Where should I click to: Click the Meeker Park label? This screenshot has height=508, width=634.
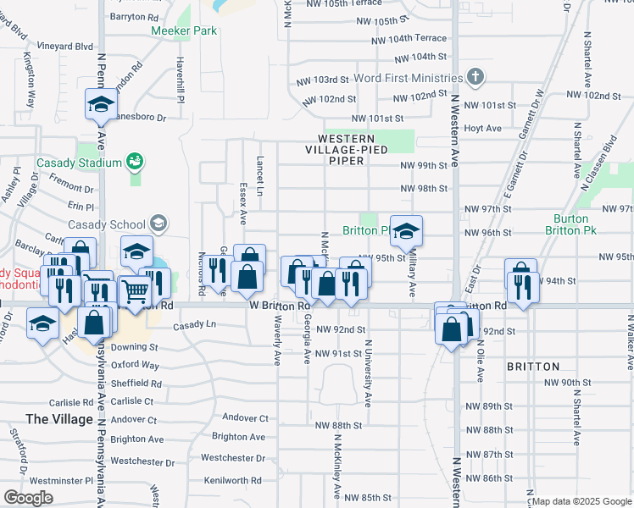coord(184,31)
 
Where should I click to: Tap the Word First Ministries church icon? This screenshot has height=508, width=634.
coord(475,78)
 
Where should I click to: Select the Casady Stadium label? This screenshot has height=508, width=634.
coord(78,163)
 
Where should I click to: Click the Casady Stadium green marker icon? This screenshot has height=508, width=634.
coord(133,161)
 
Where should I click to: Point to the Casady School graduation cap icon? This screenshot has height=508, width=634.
coord(158,224)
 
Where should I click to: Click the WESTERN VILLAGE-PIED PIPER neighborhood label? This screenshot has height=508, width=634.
coord(347,144)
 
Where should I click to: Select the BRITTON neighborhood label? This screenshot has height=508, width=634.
coord(533,367)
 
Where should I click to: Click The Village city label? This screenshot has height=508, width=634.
coord(59,419)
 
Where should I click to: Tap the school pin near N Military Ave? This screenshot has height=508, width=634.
coord(407,232)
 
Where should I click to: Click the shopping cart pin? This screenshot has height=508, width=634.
coord(135,292)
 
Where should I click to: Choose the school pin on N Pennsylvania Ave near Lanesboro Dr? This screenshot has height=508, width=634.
coord(101,105)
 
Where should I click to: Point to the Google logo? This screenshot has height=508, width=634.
coord(28,498)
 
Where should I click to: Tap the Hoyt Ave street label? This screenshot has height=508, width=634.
coord(483,129)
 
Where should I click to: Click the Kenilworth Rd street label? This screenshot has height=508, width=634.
coord(233,480)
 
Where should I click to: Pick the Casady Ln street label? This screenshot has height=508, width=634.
coord(194,325)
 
